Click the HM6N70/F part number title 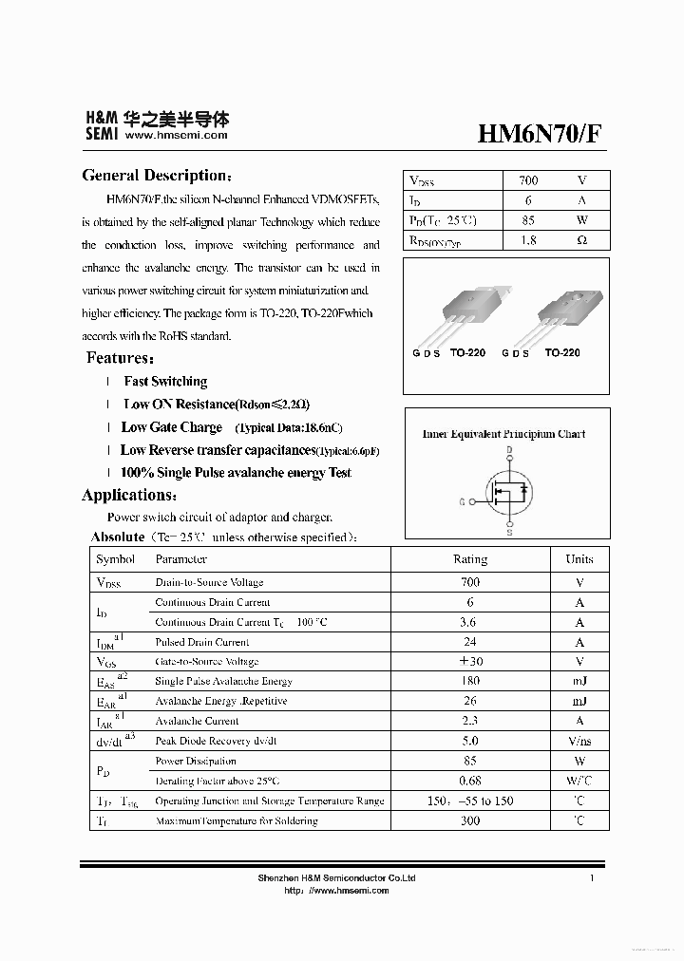click(x=538, y=134)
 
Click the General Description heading click(x=156, y=176)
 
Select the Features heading click(x=120, y=358)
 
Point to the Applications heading click(x=128, y=495)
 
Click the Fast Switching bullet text click(x=165, y=382)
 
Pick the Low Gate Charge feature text click(x=172, y=427)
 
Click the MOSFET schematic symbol click(x=508, y=490)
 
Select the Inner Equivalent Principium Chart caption click(x=503, y=434)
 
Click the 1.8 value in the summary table click(x=528, y=240)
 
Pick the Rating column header click(x=470, y=559)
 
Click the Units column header click(x=579, y=559)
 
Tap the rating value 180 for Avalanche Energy click(x=470, y=681)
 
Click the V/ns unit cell click(x=579, y=741)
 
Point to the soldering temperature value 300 click(x=470, y=820)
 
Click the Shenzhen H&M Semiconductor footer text click(x=336, y=878)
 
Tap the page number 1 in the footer click(x=591, y=878)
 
